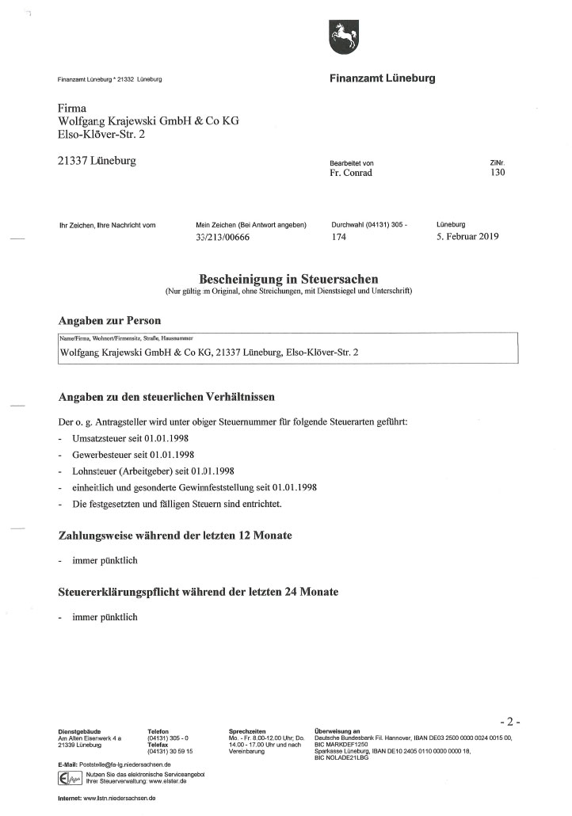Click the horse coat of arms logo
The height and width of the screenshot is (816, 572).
(342, 36)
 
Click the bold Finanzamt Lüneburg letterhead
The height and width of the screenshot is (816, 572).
(382, 78)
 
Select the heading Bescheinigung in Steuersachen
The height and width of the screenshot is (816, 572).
(288, 279)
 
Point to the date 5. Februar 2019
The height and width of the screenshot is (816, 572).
(467, 236)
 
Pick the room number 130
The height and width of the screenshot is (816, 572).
(498, 173)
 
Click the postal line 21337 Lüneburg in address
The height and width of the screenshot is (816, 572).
(97, 162)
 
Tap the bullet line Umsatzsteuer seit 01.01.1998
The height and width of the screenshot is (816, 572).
(130, 437)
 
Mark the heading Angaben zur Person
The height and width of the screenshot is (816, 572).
(109, 321)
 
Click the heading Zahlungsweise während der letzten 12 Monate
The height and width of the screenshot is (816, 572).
(175, 536)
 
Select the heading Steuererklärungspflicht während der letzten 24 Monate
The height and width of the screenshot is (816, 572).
(198, 592)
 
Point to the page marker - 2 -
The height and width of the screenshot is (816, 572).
(509, 722)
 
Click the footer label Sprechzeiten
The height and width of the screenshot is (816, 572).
(246, 731)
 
